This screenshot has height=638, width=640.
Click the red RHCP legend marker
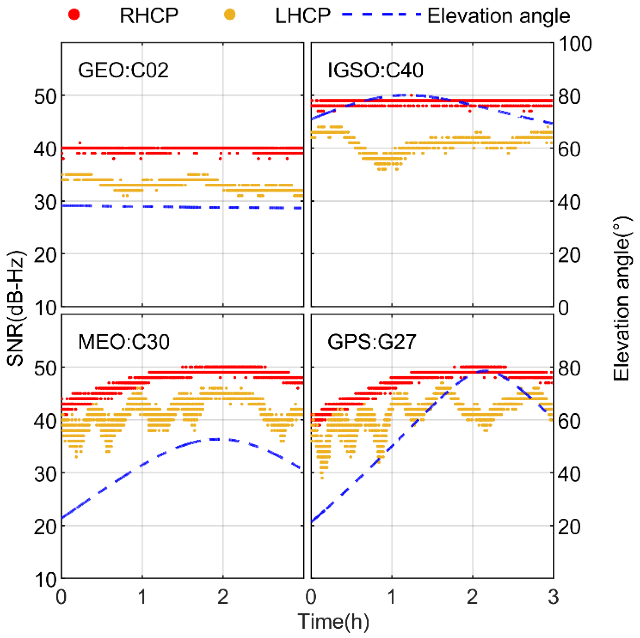coord(74,14)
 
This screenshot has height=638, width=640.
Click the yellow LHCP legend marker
coord(230,14)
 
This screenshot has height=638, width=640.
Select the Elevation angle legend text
coord(498,15)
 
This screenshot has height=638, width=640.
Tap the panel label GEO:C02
coord(123,70)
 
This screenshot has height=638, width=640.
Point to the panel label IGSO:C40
coord(375,70)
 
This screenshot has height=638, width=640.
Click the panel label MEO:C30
coord(124,342)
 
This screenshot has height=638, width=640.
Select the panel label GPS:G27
coord(371,342)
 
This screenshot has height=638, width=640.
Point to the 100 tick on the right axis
coord(575,43)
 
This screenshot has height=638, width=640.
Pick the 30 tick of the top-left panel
coord(45,202)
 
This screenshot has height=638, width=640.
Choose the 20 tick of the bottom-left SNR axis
coord(45,526)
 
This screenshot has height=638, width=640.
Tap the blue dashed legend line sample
coord(381,15)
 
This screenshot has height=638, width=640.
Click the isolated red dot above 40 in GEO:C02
coord(79,143)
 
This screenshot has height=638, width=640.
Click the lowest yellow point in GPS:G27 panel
coord(322,478)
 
